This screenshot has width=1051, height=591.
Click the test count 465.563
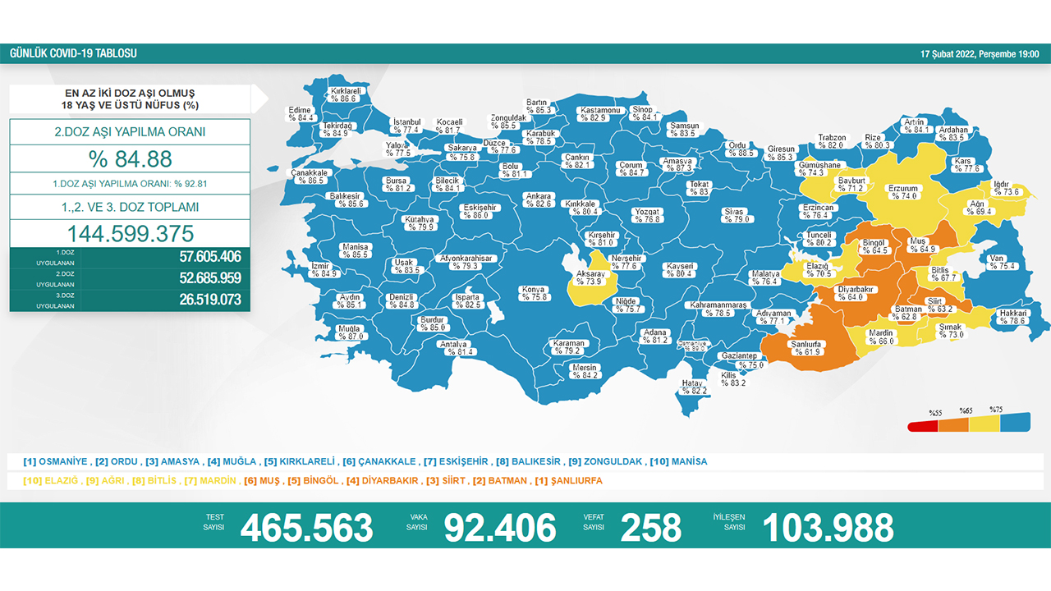coord(306,528)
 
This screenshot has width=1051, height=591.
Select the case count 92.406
coord(500,528)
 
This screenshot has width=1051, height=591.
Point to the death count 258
coord(651,528)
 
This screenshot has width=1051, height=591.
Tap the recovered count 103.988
coord(828,528)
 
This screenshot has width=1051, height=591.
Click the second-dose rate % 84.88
coord(131,158)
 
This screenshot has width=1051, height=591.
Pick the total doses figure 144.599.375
coord(130,232)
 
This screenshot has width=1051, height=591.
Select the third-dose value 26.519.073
coord(210,300)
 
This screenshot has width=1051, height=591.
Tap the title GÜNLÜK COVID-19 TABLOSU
coord(73,54)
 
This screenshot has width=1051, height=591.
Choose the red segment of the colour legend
coord(922,425)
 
